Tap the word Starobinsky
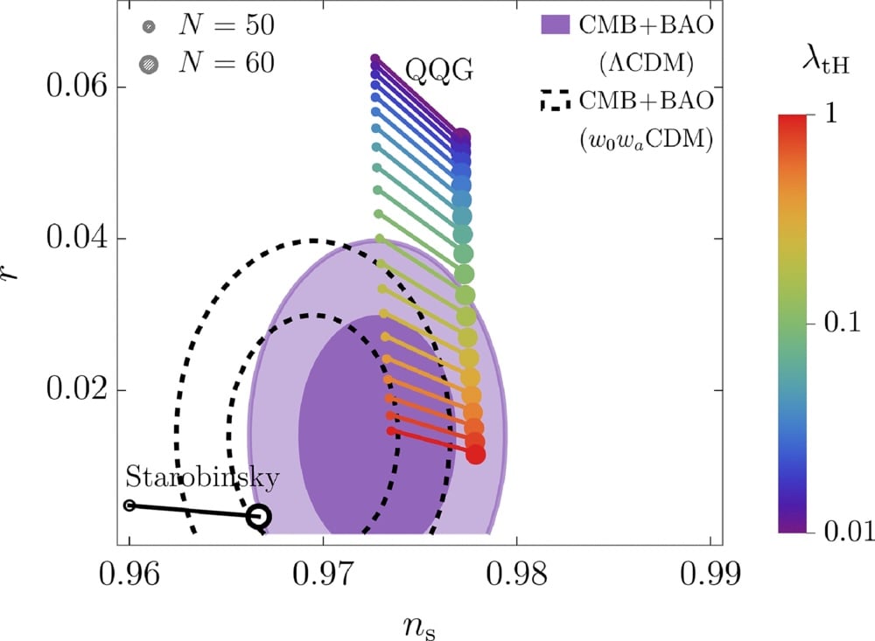pyautogui.click(x=202, y=477)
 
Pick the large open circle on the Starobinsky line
pyautogui.click(x=258, y=517)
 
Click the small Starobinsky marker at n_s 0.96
pyautogui.click(x=129, y=505)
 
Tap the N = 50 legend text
pyautogui.click(x=226, y=26)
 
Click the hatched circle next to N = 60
pyautogui.click(x=150, y=62)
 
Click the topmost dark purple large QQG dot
pyautogui.click(x=461, y=136)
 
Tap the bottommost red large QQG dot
pyautogui.click(x=475, y=455)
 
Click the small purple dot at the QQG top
pyautogui.click(x=375, y=59)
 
